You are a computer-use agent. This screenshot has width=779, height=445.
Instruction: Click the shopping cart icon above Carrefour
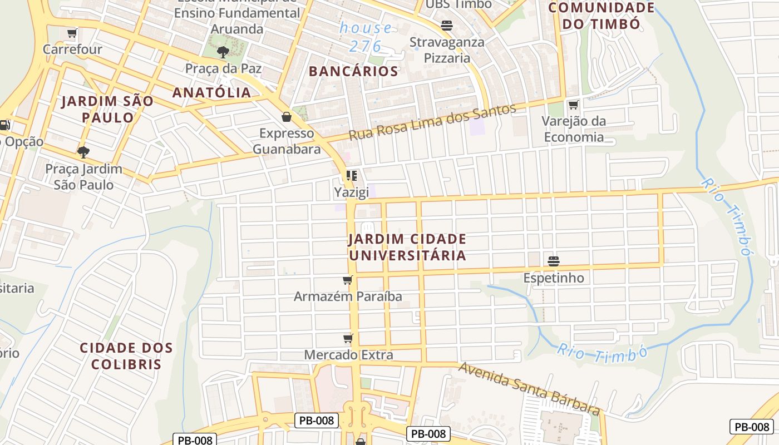tap(72, 33)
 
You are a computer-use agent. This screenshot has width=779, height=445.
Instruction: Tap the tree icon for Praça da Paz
tap(223, 52)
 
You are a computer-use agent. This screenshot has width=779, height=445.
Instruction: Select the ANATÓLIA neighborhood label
tap(211, 92)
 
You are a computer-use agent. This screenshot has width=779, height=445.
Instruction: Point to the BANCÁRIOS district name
tap(353, 71)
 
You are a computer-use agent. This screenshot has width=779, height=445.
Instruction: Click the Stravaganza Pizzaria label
tap(447, 50)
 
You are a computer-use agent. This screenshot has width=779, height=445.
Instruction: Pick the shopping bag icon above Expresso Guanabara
tap(287, 117)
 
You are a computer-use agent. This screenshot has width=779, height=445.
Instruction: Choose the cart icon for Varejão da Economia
tap(574, 105)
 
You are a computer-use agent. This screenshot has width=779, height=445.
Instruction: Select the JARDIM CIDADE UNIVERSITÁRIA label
tap(407, 247)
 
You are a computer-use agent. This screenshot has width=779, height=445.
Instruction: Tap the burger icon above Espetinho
tap(553, 261)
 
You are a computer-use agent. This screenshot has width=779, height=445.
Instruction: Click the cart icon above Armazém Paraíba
tap(348, 280)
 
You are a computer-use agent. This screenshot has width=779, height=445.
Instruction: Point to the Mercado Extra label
tap(348, 354)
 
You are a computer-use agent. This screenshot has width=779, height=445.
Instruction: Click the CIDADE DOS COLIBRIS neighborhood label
tap(126, 356)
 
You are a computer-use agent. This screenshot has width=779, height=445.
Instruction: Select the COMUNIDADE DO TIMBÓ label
tap(601, 16)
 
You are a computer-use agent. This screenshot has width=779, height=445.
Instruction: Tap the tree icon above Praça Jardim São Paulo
tap(83, 152)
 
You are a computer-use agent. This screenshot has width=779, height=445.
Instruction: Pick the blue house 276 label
tap(366, 37)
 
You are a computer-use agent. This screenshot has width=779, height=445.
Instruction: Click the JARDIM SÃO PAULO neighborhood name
tap(107, 109)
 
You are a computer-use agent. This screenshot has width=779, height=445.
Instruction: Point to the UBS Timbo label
tap(458, 4)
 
